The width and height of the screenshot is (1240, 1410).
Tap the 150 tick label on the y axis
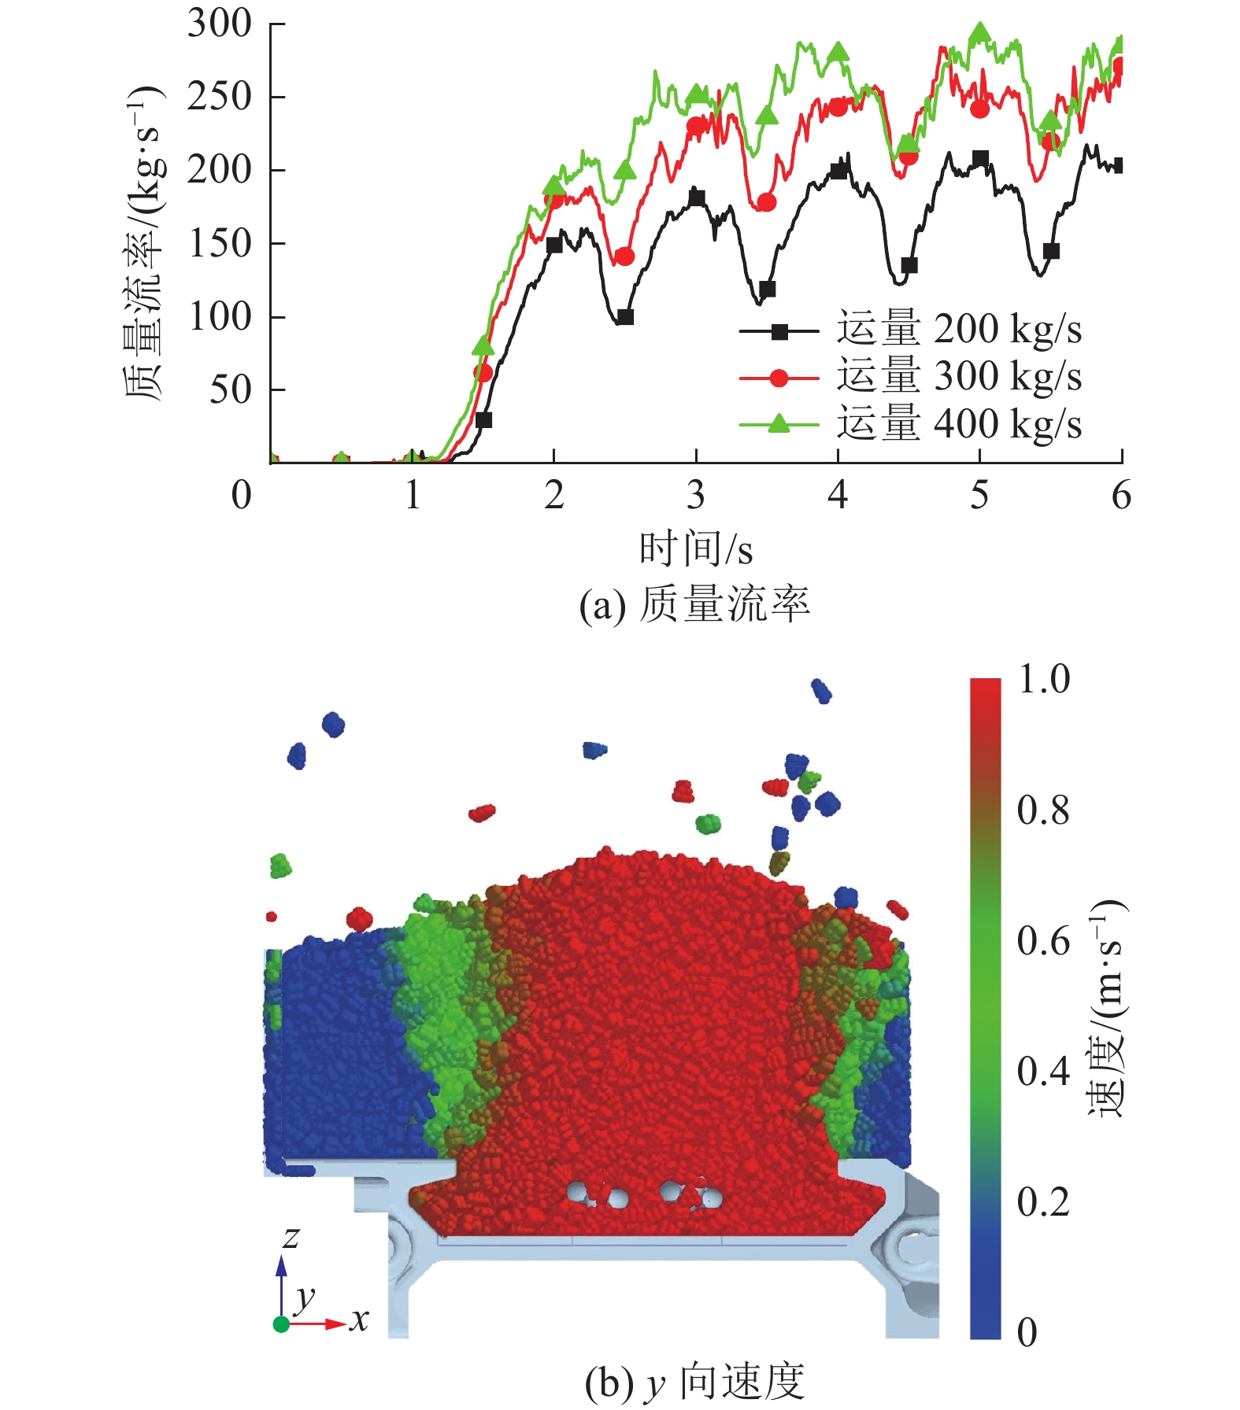tap(220, 243)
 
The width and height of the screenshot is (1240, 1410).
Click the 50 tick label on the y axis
tap(230, 389)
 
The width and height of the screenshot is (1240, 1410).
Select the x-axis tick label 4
tap(838, 496)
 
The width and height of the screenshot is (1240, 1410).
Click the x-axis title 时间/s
tap(695, 548)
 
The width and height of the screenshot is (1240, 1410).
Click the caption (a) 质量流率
tap(694, 604)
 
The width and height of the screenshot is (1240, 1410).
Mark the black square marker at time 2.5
tap(625, 317)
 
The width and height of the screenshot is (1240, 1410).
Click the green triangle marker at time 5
tap(979, 33)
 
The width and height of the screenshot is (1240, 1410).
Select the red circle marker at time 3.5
tap(767, 202)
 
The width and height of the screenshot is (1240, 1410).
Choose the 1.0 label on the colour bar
tap(1044, 679)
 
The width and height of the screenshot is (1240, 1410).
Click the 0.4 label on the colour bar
tap(1044, 1072)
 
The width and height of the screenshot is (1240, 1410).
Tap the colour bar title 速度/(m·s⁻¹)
tap(1109, 1007)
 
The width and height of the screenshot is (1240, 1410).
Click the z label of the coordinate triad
tap(291, 1238)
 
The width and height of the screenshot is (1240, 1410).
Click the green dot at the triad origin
tap(281, 1324)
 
